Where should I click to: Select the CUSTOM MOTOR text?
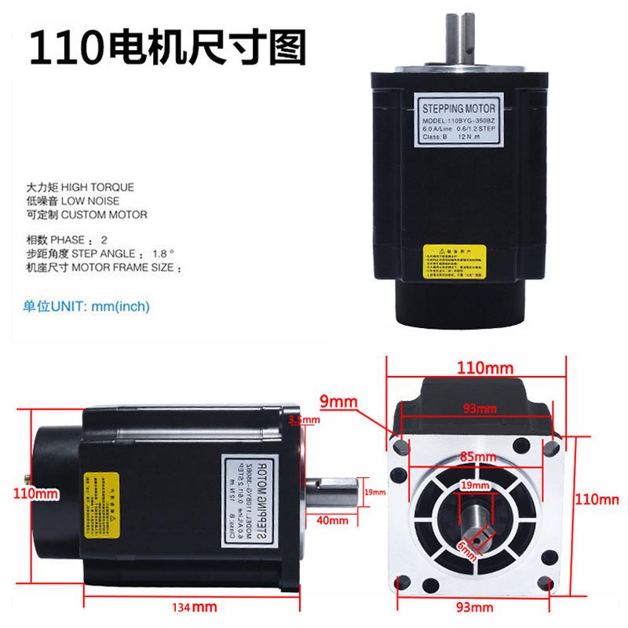[109, 214]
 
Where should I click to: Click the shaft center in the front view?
[477, 517]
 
